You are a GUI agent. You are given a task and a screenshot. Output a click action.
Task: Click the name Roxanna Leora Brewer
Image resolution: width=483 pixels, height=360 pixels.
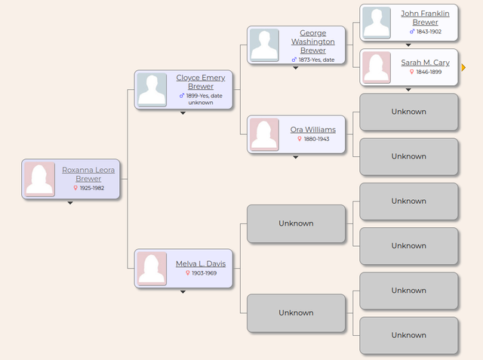coord(88,174)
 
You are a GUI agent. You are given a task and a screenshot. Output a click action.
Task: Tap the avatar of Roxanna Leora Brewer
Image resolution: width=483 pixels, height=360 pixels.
coord(39,179)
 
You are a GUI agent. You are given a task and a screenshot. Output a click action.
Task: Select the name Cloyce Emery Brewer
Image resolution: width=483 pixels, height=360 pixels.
coord(201,82)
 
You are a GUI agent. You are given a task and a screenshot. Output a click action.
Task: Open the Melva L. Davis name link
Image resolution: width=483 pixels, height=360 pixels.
coord(201,263)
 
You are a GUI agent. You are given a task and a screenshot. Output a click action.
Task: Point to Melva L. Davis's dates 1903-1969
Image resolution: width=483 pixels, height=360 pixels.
coord(201,273)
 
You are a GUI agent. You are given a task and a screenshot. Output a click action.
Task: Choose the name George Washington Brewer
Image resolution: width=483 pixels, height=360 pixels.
coord(313,42)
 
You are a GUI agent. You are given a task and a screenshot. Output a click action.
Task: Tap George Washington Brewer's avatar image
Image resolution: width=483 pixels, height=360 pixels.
coord(264,45)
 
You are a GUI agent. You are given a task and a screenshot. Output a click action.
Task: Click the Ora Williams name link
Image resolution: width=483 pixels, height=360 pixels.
coord(313,130)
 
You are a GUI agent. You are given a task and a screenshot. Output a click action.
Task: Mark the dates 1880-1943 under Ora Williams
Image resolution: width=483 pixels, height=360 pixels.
coord(313,140)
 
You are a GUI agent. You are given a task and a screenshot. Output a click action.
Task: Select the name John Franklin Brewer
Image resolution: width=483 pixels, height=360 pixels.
coord(425,18)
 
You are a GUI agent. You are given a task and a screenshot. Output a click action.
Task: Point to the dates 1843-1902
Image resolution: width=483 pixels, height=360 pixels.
coord(425,32)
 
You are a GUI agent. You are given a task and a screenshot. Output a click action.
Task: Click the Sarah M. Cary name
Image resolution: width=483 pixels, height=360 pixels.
coord(425,63)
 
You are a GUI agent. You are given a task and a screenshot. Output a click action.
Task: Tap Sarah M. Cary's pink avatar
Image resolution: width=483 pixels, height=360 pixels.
coord(377,67)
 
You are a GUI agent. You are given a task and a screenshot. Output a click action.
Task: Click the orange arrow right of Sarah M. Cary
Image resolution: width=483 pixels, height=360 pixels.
coord(463,68)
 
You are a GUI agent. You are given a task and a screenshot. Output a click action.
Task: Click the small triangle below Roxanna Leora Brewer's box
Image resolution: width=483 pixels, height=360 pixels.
coord(70,203)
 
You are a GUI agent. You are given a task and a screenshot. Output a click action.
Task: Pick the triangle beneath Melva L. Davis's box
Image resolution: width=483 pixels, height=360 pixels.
coord(183,291)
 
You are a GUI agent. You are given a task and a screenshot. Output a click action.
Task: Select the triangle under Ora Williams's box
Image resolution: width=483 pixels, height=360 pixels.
coord(296,157)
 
